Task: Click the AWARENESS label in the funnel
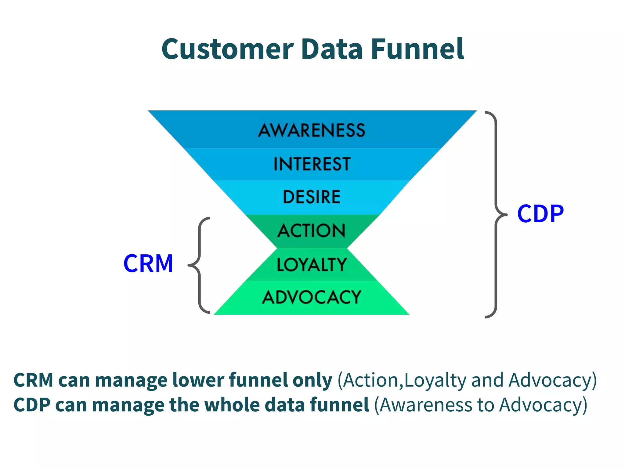tap(312, 130)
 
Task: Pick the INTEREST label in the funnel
tap(312, 164)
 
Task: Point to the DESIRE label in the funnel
tap(312, 197)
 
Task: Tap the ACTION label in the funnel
tap(312, 231)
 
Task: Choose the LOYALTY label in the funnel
tap(312, 264)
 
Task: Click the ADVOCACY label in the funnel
tap(312, 297)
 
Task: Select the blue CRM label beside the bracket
tap(148, 264)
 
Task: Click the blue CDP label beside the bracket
tap(540, 214)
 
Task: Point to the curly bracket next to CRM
tap(199, 265)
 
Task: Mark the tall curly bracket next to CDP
tap(496, 214)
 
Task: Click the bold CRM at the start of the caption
tap(33, 380)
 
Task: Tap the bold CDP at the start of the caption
tap(32, 405)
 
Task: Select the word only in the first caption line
tap(312, 380)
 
